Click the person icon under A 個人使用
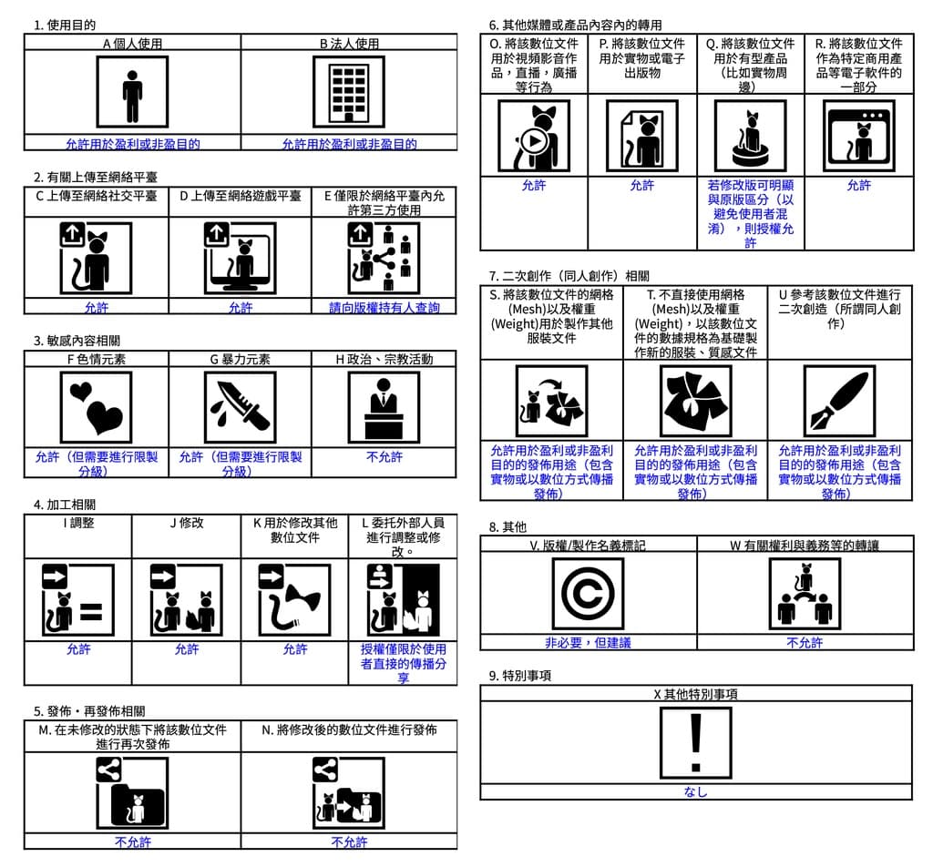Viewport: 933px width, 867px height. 132,92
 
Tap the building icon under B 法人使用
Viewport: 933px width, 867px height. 348,92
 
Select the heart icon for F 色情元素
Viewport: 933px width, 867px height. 96,406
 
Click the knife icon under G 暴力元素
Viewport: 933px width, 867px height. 240,406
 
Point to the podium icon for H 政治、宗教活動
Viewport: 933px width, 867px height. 384,406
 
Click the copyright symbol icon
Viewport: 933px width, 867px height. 588,594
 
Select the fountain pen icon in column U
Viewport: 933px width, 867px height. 838,401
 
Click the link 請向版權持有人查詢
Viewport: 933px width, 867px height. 384,308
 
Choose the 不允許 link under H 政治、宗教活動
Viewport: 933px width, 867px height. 384,457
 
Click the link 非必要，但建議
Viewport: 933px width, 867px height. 588,642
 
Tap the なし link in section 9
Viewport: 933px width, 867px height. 695,792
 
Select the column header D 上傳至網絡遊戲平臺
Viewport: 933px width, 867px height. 241,196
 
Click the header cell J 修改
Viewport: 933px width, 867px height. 187,523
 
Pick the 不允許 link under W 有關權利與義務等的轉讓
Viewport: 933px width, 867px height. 805,642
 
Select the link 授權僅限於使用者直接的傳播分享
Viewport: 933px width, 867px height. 403,663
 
